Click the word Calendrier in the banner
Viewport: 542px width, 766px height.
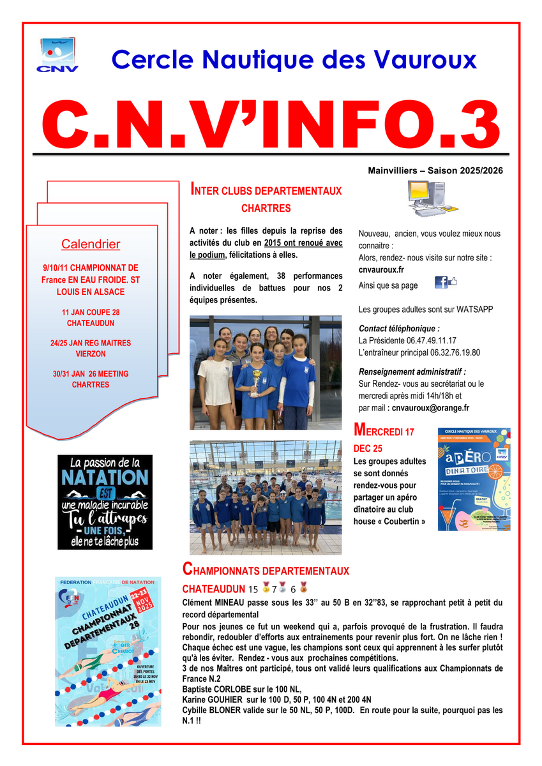click(91, 244)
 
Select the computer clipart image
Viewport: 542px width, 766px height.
click(426, 200)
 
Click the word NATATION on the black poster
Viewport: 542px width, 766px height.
click(105, 477)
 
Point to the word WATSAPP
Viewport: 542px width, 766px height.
click(474, 310)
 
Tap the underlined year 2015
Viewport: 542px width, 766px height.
click(272, 243)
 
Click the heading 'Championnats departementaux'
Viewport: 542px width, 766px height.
click(266, 568)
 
